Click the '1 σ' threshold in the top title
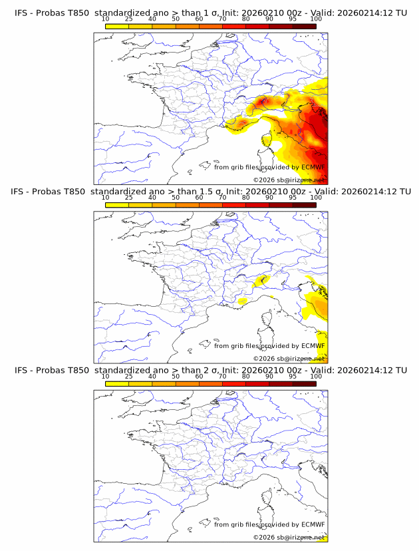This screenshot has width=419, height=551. coord(214,13)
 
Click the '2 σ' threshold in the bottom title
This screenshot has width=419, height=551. coord(214,370)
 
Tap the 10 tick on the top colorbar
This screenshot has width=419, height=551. coord(105,19)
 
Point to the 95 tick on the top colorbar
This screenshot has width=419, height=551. coord(293,19)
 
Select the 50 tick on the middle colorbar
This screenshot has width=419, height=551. coord(176,198)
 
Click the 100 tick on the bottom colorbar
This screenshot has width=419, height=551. coord(316,376)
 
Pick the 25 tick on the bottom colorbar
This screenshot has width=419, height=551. coord(128,376)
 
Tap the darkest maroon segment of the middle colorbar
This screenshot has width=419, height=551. coord(304,205)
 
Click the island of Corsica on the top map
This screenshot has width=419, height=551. coord(267,141)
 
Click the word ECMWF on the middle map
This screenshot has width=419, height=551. coord(313,346)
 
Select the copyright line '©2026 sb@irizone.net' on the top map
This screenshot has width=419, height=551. coord(289,180)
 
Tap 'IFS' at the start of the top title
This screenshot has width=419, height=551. coord(22,13)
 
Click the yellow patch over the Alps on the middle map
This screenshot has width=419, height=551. coord(261,281)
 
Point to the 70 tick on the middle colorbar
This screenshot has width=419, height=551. coord(222,198)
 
